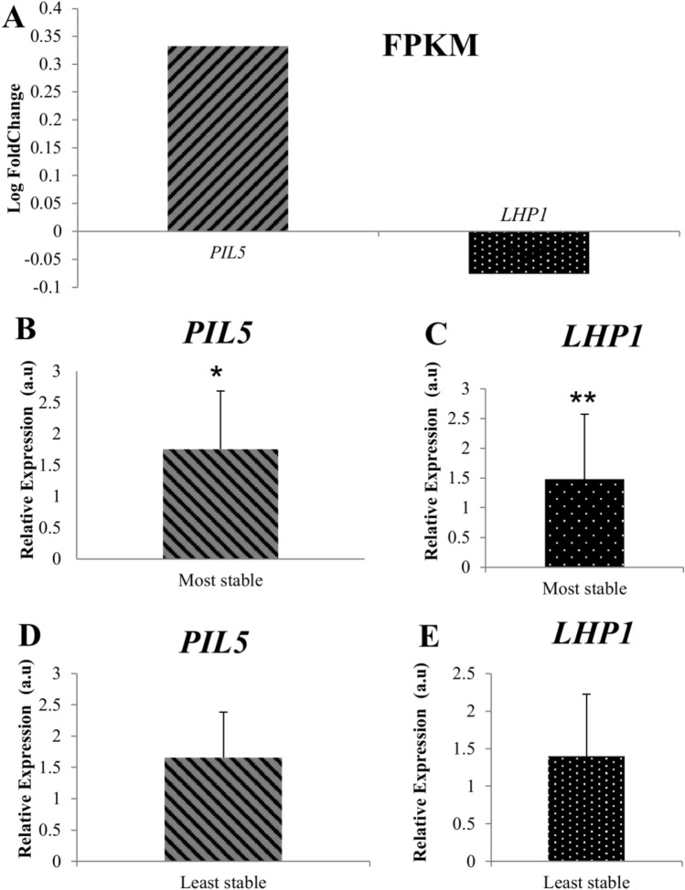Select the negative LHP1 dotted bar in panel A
point(529,252)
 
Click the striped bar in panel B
point(219,503)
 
